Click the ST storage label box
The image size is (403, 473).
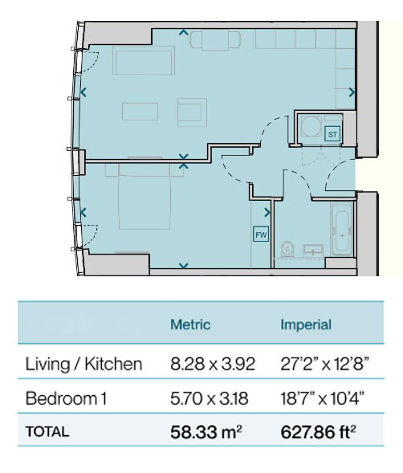[x=332, y=134]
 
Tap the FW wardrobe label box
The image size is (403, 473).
[x=261, y=234]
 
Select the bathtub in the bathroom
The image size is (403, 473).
[x=342, y=229]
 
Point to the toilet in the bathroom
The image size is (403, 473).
[x=287, y=249]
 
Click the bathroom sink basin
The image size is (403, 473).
[x=313, y=250]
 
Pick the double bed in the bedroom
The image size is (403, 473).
[x=145, y=197]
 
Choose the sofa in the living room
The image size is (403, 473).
[x=144, y=60]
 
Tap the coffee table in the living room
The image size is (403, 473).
[x=140, y=112]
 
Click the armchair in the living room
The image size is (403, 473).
[x=192, y=112]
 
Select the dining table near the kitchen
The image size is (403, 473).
[x=215, y=40]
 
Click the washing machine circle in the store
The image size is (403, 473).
[x=311, y=126]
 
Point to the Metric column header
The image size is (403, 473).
[x=190, y=324]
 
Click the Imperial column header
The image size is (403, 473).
[x=306, y=324]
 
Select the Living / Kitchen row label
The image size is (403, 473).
[x=83, y=364]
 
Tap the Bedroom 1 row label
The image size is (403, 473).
[x=66, y=398]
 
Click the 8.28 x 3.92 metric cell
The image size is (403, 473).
[x=213, y=364]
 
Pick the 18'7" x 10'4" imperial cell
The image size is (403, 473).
[x=323, y=398]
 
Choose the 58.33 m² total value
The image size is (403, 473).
[x=206, y=432]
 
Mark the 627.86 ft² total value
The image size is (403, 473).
[x=318, y=432]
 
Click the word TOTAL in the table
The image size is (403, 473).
[x=47, y=432]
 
